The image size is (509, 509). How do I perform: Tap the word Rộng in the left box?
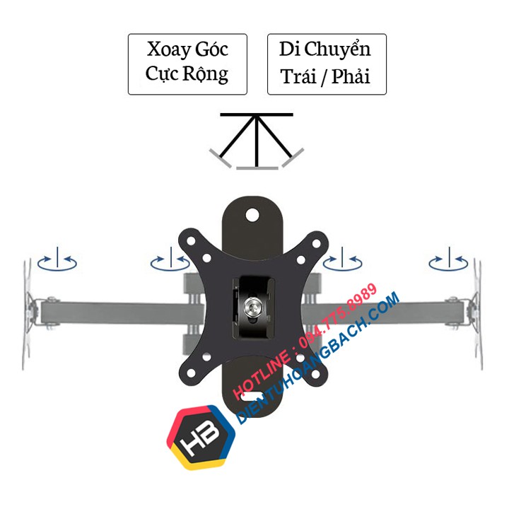209,74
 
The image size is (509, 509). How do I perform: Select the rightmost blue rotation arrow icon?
448,262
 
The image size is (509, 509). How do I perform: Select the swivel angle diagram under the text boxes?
257,141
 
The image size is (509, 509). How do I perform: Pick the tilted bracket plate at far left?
30,311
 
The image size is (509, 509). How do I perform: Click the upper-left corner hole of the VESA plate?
191,238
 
